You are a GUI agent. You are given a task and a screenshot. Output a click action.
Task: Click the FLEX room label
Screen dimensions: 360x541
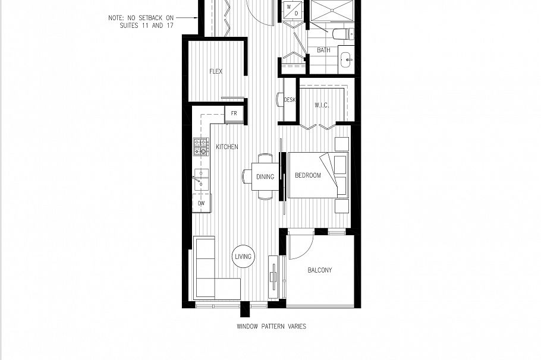pos(216,72)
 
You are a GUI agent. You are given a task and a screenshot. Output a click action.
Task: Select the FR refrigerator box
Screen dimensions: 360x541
pos(234,113)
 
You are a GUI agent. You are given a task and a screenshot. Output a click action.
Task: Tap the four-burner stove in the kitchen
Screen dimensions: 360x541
pos(201,146)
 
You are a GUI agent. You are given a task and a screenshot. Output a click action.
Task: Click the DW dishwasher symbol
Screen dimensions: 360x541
pos(201,203)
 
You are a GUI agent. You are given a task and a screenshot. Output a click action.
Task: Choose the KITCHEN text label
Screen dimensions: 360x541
pos(227,147)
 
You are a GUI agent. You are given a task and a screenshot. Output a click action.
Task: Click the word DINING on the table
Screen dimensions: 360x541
pos(265,176)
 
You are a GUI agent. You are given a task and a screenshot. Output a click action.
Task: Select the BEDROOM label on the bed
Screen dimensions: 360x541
pos(307,175)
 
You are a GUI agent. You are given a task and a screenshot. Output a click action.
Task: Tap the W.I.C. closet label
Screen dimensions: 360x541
pos(322,106)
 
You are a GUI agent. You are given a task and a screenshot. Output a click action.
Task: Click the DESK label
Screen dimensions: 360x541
pos(290,100)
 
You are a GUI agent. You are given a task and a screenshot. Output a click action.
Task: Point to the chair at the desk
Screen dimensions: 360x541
pos(279,100)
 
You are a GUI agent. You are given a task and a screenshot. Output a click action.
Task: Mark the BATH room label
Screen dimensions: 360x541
pos(323,50)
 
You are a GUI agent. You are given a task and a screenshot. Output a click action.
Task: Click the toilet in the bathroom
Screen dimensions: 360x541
pos(342,34)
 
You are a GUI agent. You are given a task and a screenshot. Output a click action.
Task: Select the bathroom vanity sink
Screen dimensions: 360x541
pos(346,59)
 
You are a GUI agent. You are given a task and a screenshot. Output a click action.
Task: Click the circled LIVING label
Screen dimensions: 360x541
pos(243,257)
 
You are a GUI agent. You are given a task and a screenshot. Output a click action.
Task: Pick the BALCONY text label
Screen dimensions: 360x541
pos(320,270)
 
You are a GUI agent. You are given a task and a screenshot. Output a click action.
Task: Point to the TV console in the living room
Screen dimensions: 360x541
pos(273,276)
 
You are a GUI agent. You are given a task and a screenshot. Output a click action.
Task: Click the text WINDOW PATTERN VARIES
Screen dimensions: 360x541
pos(271,326)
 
